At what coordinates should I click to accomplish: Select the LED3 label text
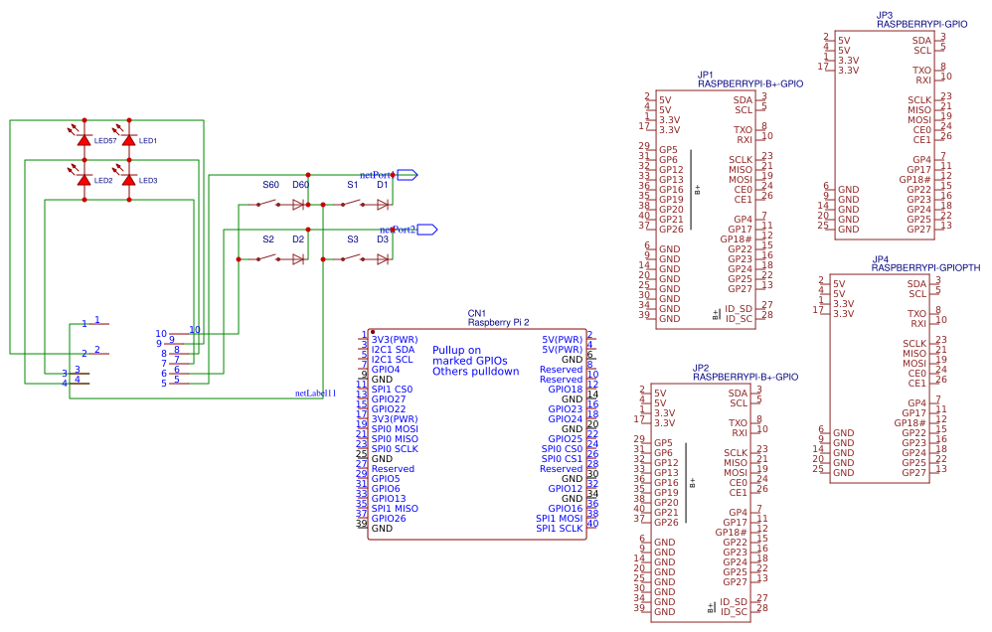click(148, 180)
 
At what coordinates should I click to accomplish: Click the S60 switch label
click(271, 185)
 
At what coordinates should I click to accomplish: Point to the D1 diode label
click(383, 185)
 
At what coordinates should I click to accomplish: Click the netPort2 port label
click(397, 230)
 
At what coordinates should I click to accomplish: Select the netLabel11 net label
click(316, 394)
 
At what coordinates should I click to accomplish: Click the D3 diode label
click(383, 239)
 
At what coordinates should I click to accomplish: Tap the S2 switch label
click(268, 239)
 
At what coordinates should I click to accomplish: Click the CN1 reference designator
click(476, 313)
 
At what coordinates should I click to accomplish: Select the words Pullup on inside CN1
click(456, 350)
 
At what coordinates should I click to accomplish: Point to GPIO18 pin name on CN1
click(565, 390)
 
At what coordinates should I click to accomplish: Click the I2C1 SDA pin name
click(393, 350)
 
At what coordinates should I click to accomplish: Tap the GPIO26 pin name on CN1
click(389, 518)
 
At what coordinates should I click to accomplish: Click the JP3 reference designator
click(885, 15)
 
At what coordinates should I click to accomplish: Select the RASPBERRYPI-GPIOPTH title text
click(925, 268)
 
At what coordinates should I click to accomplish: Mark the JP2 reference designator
click(700, 368)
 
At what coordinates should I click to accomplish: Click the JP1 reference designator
click(706, 75)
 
